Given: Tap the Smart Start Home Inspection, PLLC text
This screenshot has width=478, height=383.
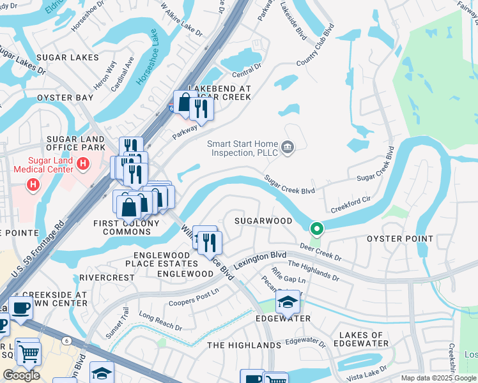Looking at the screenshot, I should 243,148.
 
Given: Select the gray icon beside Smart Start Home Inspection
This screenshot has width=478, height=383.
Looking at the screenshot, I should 288,148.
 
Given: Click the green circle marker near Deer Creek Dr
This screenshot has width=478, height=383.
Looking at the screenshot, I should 316,229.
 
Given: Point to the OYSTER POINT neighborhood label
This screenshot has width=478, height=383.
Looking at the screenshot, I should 395,238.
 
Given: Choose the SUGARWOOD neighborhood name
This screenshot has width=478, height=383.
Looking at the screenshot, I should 263,221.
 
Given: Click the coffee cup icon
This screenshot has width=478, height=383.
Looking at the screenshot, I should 21,308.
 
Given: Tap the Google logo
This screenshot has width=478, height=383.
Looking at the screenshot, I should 21,375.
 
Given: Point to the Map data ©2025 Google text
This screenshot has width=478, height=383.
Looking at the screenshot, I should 438,379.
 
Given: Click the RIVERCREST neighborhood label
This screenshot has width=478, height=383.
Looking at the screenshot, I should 107,278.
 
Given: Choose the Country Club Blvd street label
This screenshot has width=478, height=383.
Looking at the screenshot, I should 316,46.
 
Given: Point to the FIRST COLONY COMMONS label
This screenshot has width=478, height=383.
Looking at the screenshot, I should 127,227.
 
